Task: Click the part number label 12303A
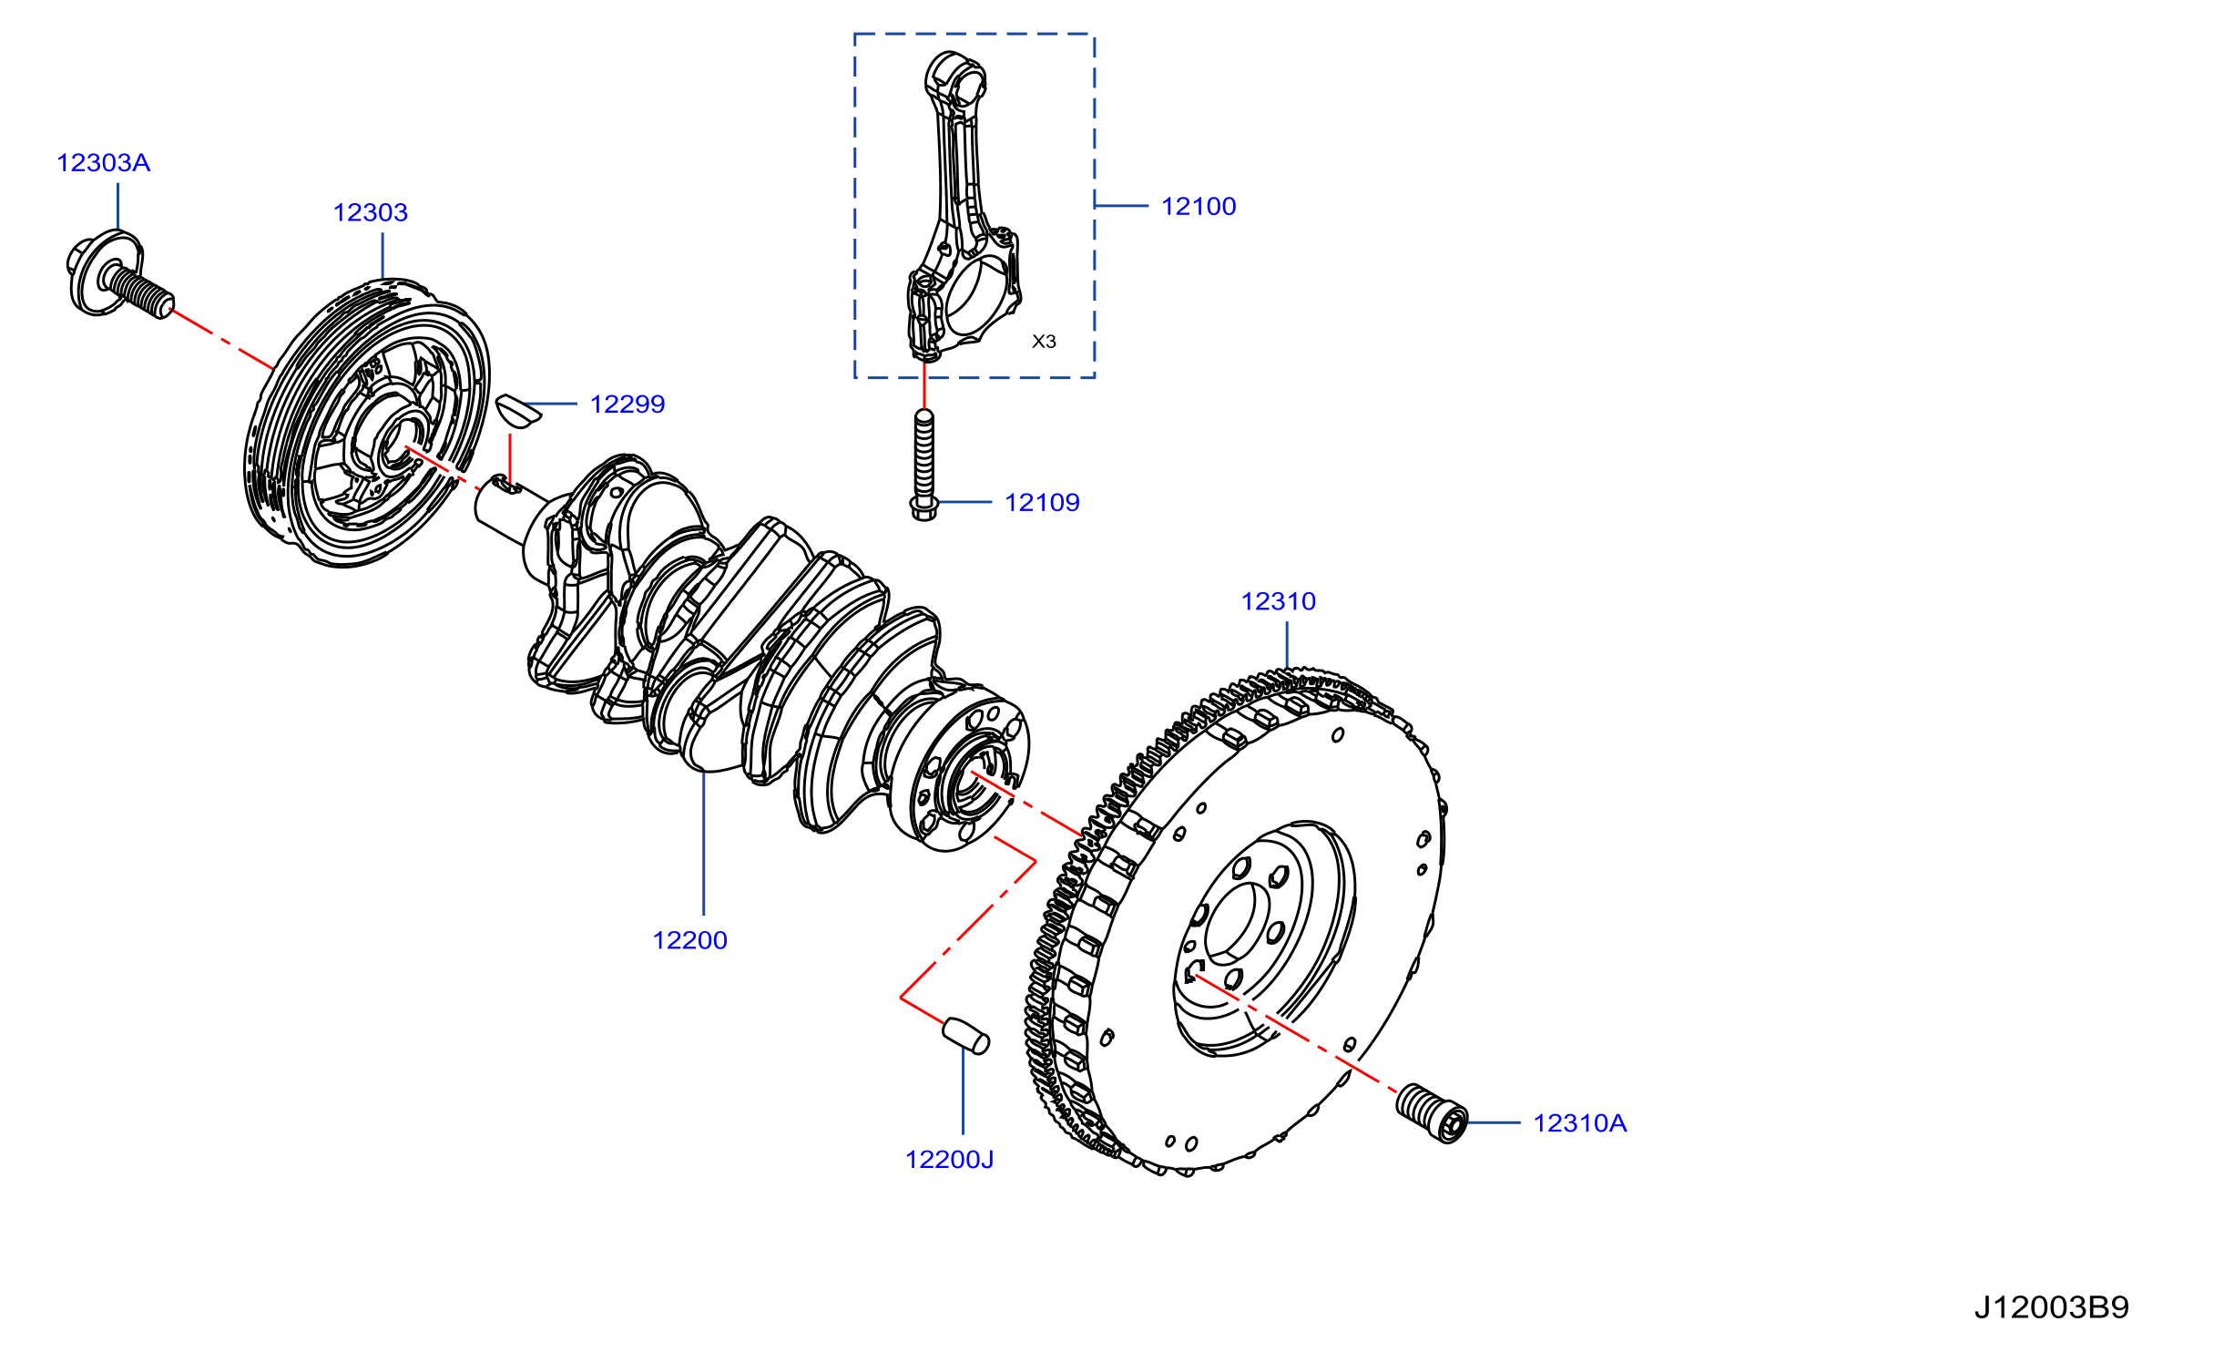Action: [103, 163]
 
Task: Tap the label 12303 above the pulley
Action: [370, 213]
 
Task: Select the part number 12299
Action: [627, 405]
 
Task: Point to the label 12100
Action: [1199, 207]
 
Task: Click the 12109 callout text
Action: [1042, 503]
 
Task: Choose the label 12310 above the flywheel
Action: [1279, 602]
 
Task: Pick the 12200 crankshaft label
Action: [689, 941]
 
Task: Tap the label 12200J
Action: [949, 1160]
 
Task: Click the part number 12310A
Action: [1579, 1123]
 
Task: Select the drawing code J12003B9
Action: [2051, 1308]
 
